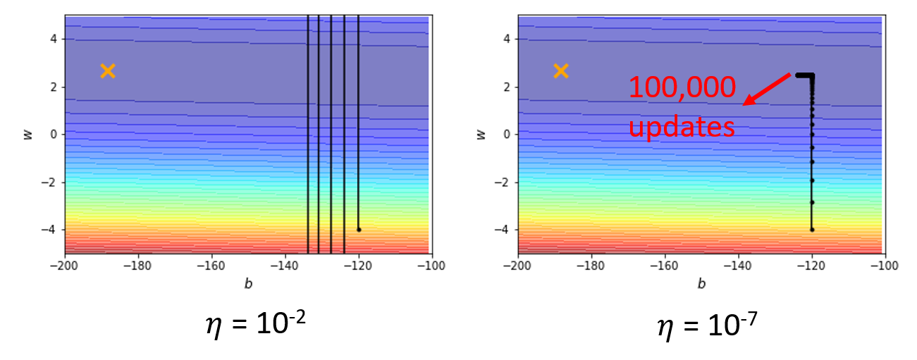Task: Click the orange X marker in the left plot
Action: coord(107,70)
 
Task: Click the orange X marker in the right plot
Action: coord(560,70)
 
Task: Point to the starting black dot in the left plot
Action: coord(359,229)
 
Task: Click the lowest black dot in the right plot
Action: coord(812,229)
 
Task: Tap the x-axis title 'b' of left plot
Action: coord(248,284)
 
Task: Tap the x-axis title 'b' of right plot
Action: coord(701,284)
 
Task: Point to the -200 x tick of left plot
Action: coord(65,266)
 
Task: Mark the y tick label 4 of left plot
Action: coord(52,39)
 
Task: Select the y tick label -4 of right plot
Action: coord(503,230)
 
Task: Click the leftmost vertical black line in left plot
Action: coord(308,134)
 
